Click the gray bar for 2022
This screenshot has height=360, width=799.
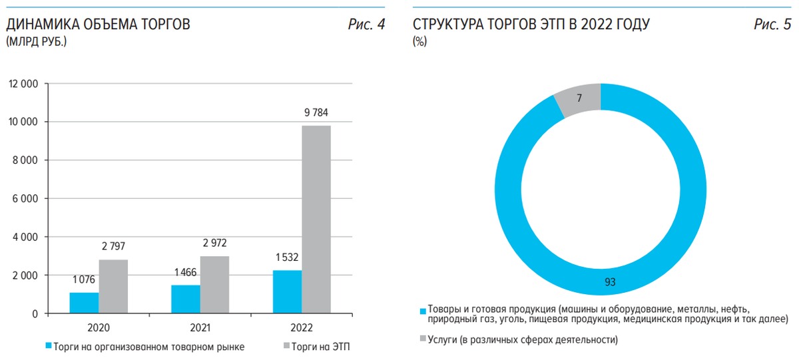pyautogui.click(x=316, y=220)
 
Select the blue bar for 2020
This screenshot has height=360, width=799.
pyautogui.click(x=85, y=303)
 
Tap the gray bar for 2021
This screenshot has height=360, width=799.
pyautogui.click(x=215, y=285)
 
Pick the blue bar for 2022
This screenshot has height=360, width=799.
pyautogui.click(x=287, y=291)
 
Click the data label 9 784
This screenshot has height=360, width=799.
pyautogui.click(x=316, y=112)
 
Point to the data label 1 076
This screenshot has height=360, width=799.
pyautogui.click(x=85, y=280)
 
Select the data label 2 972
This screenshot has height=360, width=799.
pyautogui.click(x=215, y=244)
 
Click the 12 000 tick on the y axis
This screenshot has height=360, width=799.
pyautogui.click(x=23, y=84)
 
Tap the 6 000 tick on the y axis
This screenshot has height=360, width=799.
pyautogui.click(x=26, y=199)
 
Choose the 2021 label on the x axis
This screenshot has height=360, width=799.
pyautogui.click(x=200, y=328)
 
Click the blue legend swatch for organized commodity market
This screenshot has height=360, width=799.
pyautogui.click(x=48, y=346)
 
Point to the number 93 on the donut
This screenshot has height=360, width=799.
pyautogui.click(x=610, y=282)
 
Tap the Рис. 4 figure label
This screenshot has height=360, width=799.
pyautogui.click(x=366, y=25)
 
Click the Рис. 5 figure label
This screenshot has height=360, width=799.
pyautogui.click(x=772, y=25)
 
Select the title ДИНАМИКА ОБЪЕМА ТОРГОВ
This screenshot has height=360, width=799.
pyautogui.click(x=98, y=25)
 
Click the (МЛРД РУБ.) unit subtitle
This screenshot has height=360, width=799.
pyautogui.click(x=36, y=42)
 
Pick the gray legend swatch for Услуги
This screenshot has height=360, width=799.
pyautogui.click(x=422, y=340)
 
